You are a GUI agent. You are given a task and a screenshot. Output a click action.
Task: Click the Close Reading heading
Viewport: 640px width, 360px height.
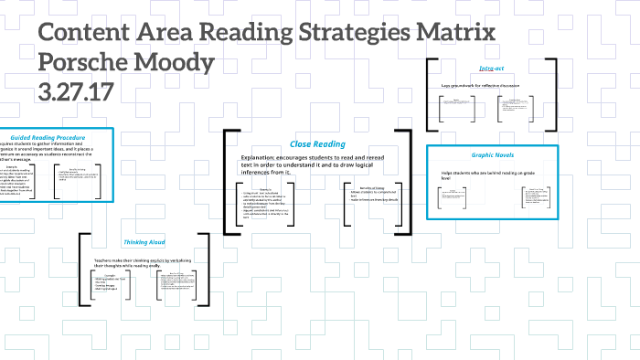pyautogui.click(x=317, y=143)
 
